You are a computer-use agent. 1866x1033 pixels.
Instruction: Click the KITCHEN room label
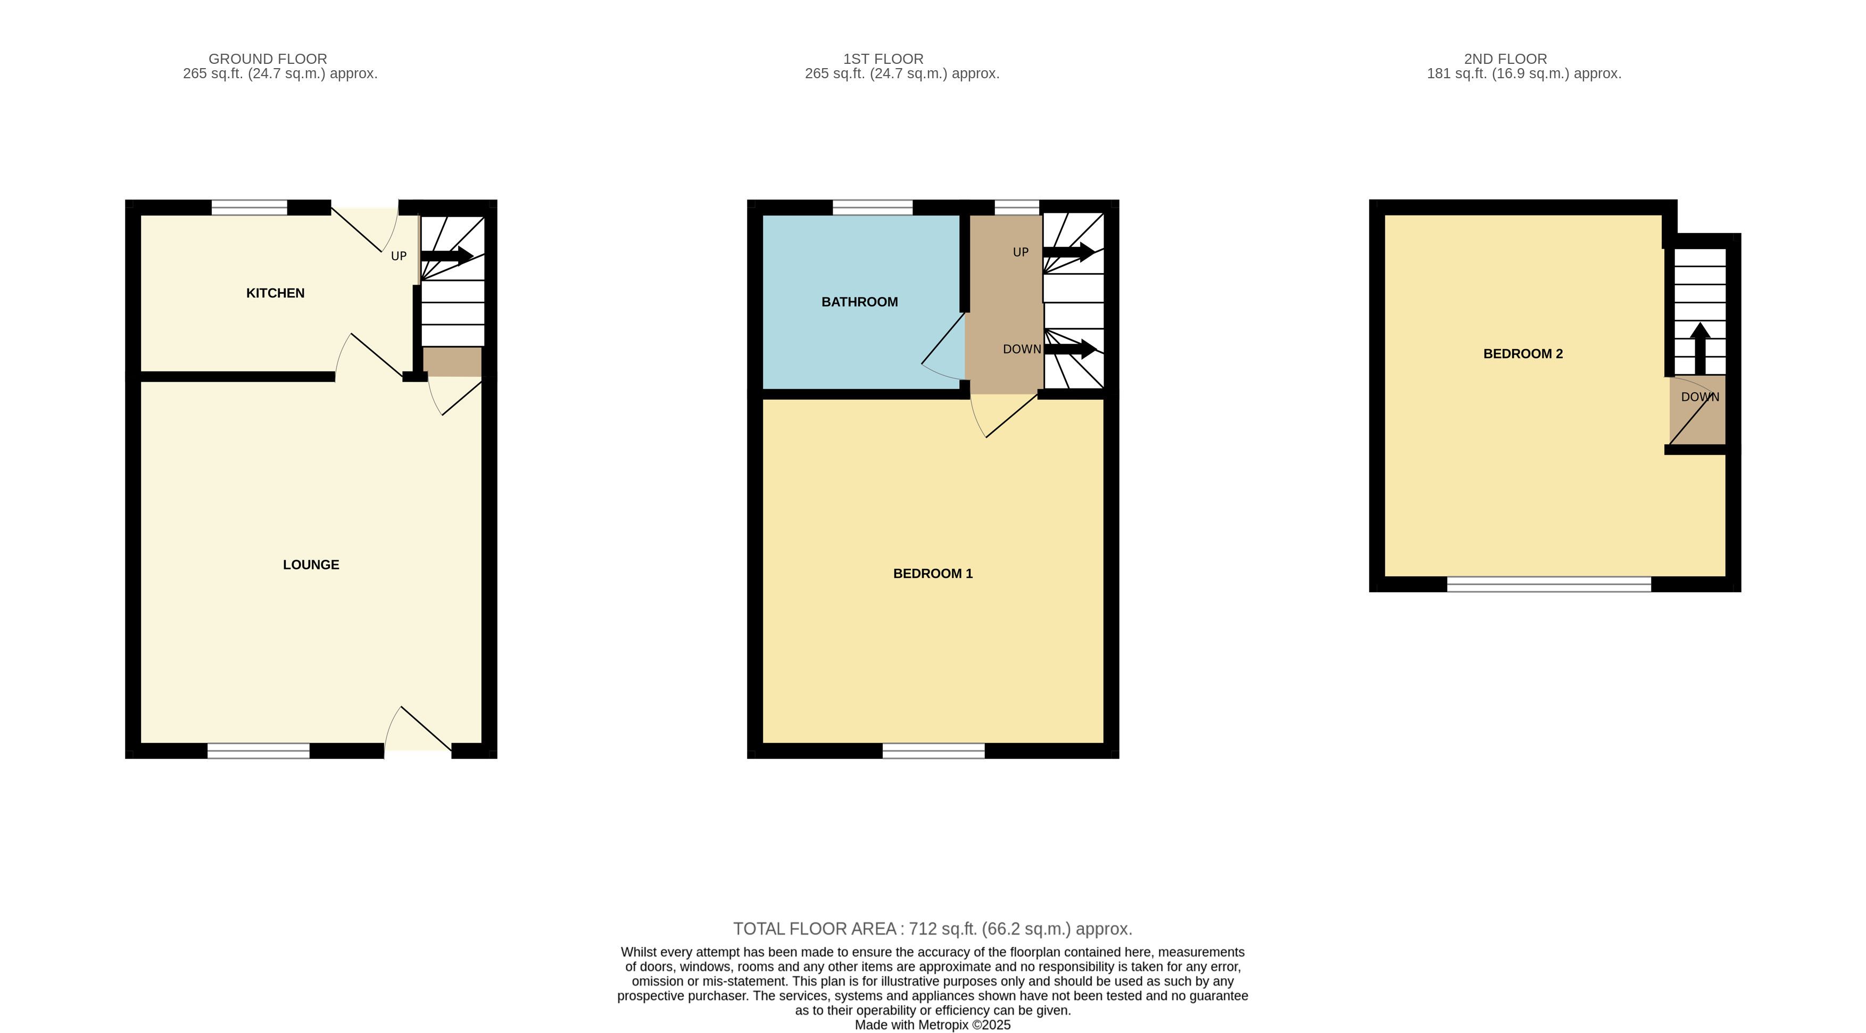(x=275, y=293)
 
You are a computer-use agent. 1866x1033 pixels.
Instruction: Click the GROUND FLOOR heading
(x=268, y=59)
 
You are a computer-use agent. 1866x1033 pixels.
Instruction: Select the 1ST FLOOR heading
(x=883, y=59)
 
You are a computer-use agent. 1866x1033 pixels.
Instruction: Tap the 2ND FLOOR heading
(x=1505, y=59)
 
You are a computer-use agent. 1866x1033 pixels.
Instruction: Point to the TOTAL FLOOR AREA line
(x=932, y=929)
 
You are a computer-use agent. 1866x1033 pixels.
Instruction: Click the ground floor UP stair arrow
(x=447, y=255)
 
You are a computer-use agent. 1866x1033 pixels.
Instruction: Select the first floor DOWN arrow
(x=1070, y=349)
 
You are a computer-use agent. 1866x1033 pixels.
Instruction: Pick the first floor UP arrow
(x=1069, y=252)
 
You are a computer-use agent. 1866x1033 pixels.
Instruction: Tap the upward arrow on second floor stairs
(x=1700, y=349)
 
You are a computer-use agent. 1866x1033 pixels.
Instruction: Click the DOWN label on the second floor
(x=1699, y=397)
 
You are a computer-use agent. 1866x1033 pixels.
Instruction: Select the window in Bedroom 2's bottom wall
(x=1549, y=584)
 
